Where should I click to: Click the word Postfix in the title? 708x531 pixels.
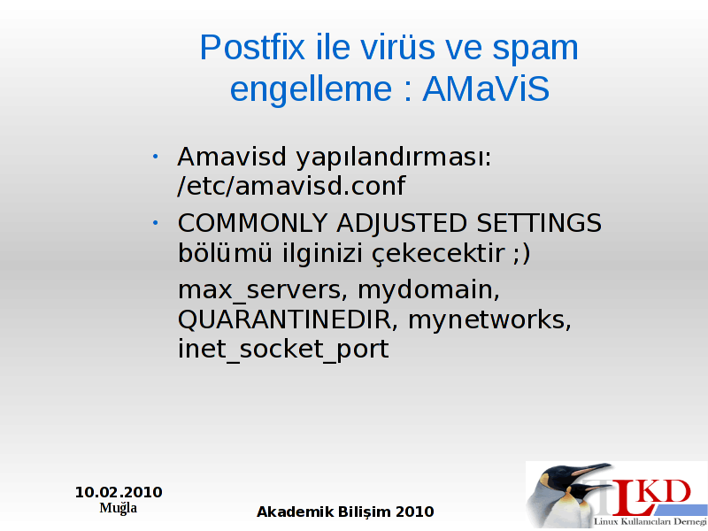pyautogui.click(x=252, y=47)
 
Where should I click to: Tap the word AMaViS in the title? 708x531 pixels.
pyautogui.click(x=486, y=88)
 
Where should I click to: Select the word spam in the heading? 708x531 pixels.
pyautogui.click(x=535, y=50)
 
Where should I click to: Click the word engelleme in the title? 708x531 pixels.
pyautogui.click(x=311, y=91)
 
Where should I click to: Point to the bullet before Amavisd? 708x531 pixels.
pyautogui.click(x=156, y=157)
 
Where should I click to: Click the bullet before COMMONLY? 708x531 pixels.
pyautogui.click(x=156, y=223)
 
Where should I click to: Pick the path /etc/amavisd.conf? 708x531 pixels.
pyautogui.click(x=291, y=186)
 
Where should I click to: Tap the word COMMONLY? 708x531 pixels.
pyautogui.click(x=252, y=223)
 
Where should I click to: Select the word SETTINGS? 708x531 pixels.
pyautogui.click(x=539, y=223)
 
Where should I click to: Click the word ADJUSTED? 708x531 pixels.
pyautogui.click(x=402, y=224)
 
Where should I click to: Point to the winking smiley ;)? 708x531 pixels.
pyautogui.click(x=521, y=254)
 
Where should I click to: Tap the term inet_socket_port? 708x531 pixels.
pyautogui.click(x=283, y=350)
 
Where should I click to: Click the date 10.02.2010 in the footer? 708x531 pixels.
pyautogui.click(x=119, y=492)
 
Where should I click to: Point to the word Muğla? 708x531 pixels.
pyautogui.click(x=119, y=508)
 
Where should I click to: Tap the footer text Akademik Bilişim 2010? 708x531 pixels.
pyautogui.click(x=345, y=512)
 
